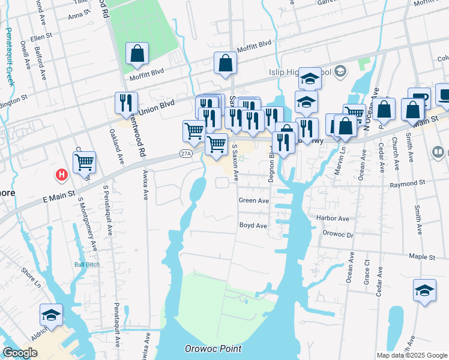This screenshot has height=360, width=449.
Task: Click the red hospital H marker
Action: pyautogui.click(x=61, y=175)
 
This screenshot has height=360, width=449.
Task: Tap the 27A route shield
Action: pyautogui.click(x=185, y=154)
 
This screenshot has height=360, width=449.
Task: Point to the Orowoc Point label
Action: pyautogui.click(x=213, y=349)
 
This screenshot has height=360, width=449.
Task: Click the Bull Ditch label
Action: pyautogui.click(x=86, y=264)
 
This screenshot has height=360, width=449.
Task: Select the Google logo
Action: pyautogui.click(x=20, y=353)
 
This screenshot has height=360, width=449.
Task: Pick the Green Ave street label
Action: pyautogui.click(x=253, y=200)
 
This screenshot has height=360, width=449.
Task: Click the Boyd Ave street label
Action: pyautogui.click(x=253, y=226)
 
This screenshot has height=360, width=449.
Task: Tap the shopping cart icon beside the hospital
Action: pyautogui.click(x=84, y=162)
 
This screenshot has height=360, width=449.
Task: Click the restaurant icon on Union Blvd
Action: pyautogui.click(x=126, y=103)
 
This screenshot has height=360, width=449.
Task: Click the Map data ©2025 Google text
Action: pyautogui.click(x=412, y=355)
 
